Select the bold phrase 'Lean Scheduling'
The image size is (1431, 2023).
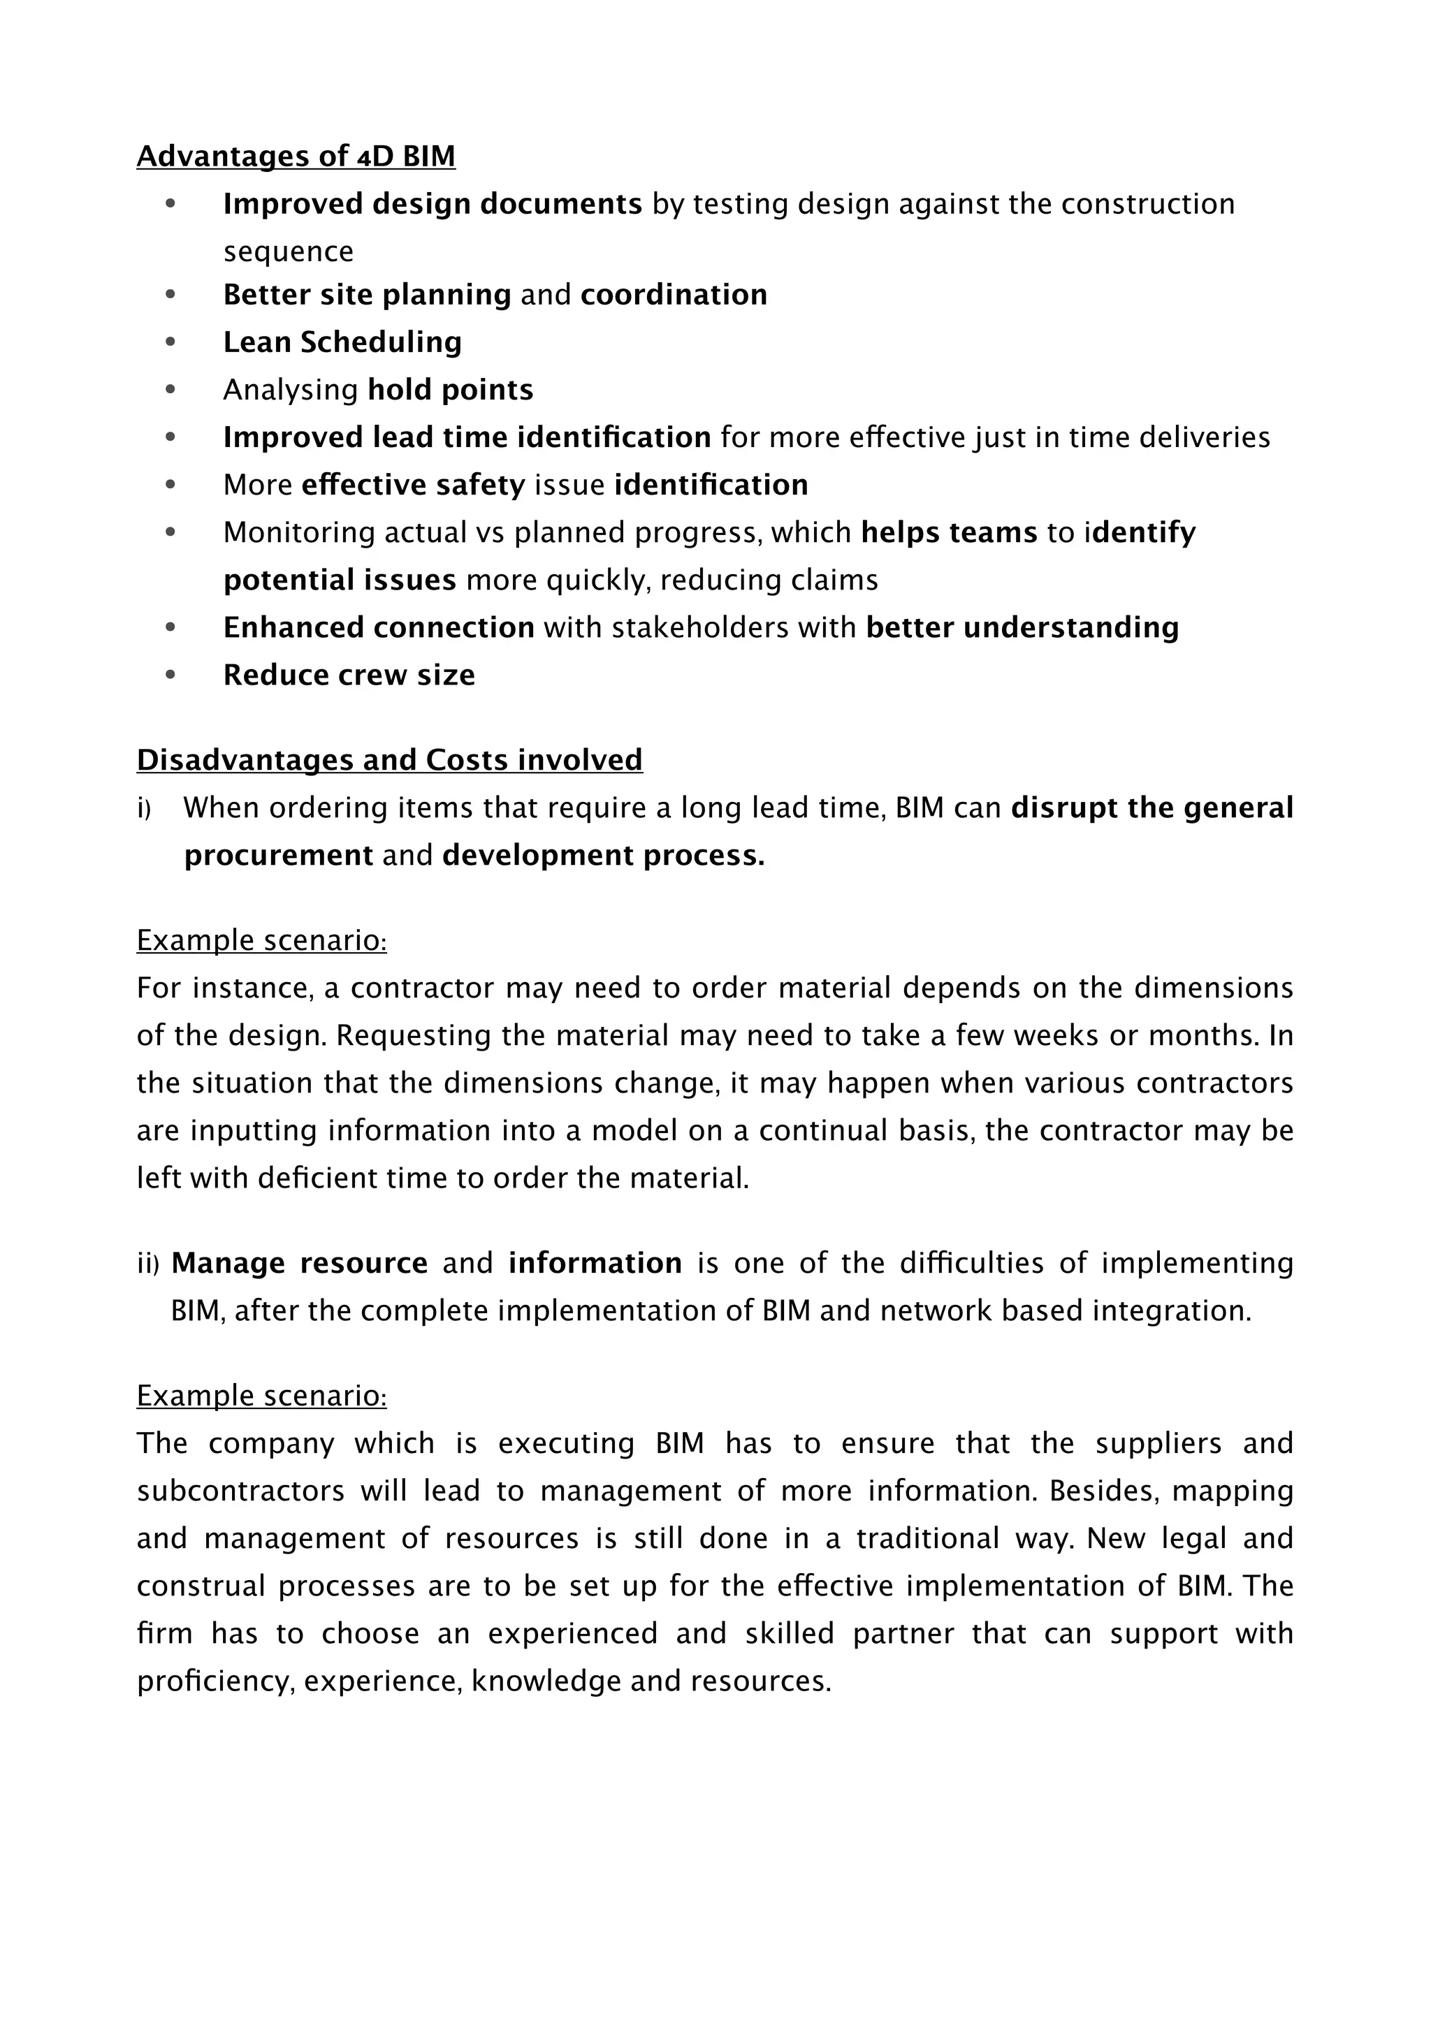coord(342,342)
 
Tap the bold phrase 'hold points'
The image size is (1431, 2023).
coord(450,390)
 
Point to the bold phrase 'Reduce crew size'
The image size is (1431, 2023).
coord(349,675)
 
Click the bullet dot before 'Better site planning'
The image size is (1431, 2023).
coord(170,294)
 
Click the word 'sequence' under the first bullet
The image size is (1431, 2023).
coord(288,252)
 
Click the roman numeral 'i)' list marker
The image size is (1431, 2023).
coord(144,808)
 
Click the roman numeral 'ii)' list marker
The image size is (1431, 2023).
coord(147,1264)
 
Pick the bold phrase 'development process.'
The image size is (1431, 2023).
coord(604,856)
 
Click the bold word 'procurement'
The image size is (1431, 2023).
coord(279,856)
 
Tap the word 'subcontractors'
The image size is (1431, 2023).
coord(240,1491)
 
